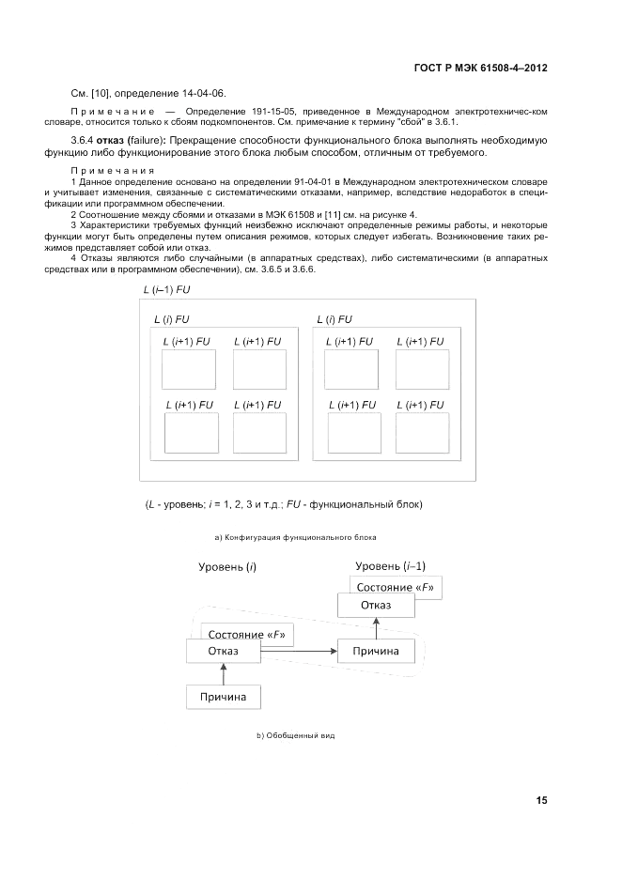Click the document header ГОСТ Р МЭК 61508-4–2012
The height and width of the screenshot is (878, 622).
click(x=480, y=69)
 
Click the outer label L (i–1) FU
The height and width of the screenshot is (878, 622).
click(x=164, y=290)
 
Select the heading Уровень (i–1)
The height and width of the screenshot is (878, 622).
click(x=390, y=565)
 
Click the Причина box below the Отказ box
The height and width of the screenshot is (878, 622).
click(x=223, y=697)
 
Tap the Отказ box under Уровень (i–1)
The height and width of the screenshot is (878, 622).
click(x=375, y=606)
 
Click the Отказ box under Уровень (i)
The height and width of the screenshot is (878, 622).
click(x=223, y=651)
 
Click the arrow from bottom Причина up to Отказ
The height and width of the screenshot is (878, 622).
click(x=223, y=673)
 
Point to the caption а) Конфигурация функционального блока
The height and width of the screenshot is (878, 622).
click(x=296, y=538)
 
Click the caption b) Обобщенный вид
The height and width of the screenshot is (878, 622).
click(x=296, y=735)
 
